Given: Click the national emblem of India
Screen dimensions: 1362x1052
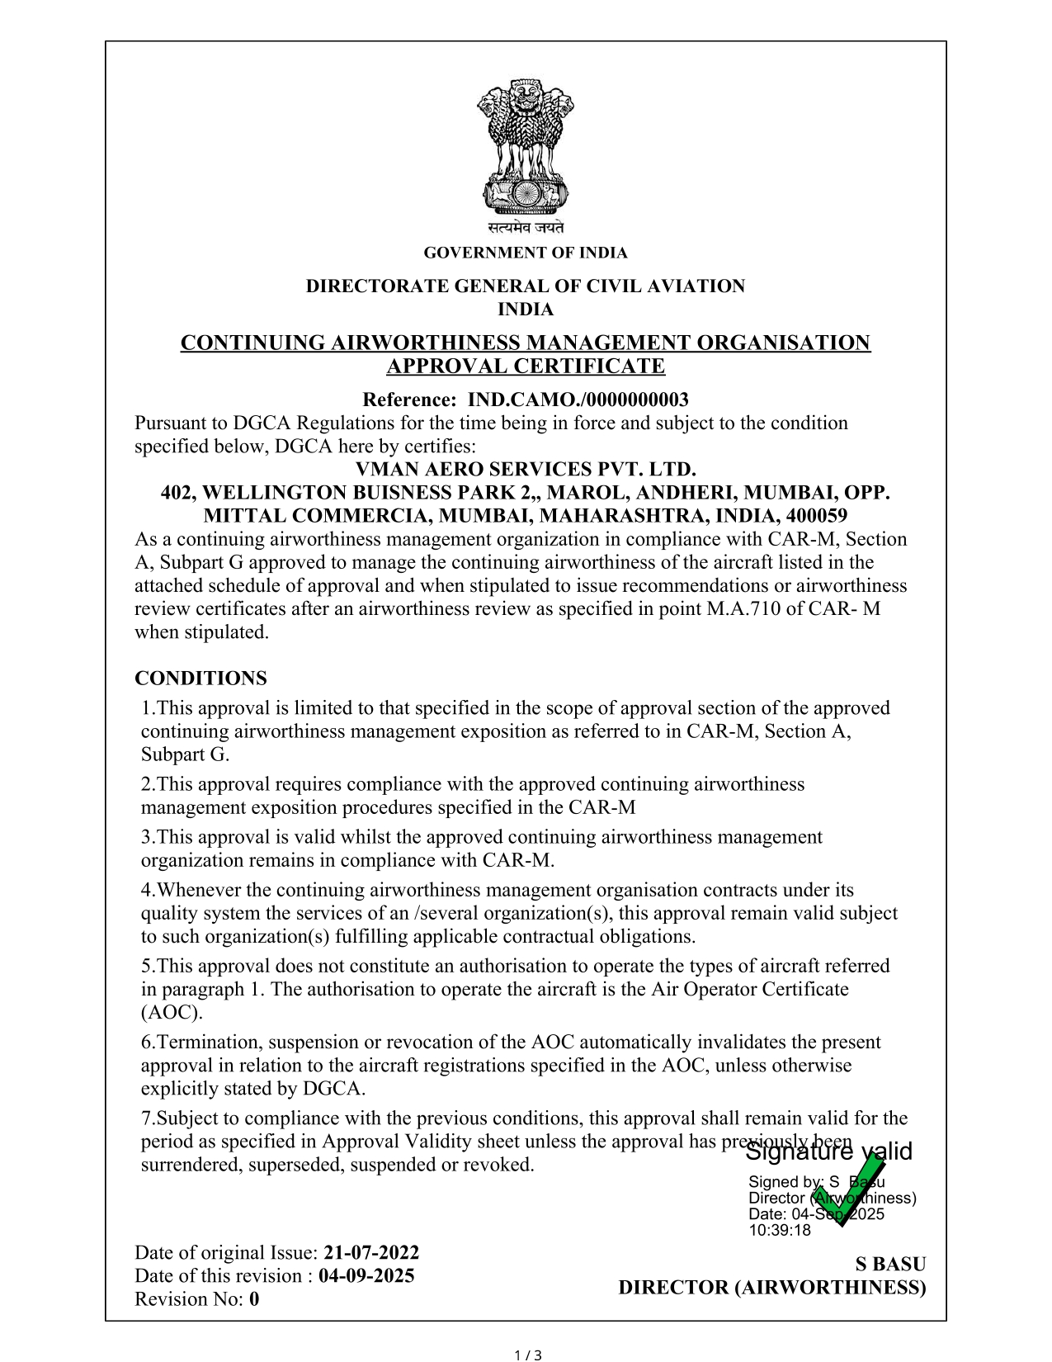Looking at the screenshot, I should [526, 147].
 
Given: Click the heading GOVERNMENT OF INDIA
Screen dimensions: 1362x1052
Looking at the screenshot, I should [526, 253].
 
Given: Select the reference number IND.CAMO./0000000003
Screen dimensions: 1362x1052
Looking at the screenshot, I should [578, 400].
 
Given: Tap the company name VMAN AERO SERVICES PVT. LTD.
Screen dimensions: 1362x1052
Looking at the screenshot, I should [526, 470].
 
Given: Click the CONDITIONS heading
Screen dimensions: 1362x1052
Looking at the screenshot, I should [200, 679].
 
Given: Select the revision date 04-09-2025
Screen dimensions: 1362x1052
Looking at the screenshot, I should [366, 1276].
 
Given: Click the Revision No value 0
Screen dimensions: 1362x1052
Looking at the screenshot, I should [254, 1299].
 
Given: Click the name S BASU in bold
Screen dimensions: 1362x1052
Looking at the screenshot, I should [890, 1265].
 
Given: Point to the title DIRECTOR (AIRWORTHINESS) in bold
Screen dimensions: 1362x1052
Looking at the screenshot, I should [772, 1288].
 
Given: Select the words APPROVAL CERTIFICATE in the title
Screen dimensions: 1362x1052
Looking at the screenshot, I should [526, 367].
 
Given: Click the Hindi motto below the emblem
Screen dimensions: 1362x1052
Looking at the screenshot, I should [526, 228].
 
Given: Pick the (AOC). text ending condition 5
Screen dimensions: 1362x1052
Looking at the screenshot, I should [172, 1013].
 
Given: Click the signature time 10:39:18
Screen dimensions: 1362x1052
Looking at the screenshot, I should [780, 1231].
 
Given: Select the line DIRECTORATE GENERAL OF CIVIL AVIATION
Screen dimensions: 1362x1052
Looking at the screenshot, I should [526, 286].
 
